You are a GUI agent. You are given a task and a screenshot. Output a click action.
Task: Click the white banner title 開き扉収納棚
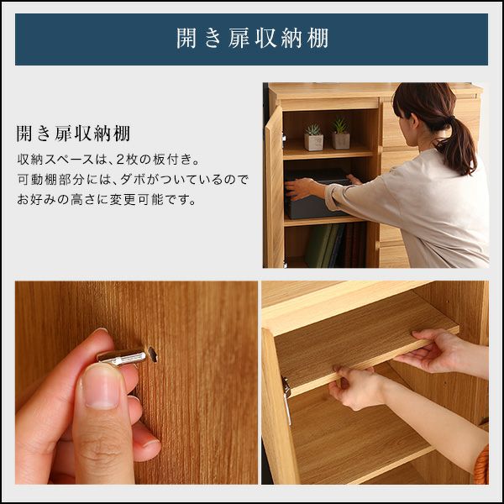[x=252, y=39]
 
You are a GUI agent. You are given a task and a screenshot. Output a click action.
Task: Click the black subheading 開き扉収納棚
[x=73, y=134]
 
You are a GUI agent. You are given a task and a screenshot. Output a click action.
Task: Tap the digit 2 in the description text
[x=120, y=160]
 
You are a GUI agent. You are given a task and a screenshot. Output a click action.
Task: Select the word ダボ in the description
[x=132, y=180]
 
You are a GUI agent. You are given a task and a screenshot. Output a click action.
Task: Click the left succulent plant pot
[x=313, y=138]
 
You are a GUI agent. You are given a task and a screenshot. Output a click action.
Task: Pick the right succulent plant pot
[x=341, y=134]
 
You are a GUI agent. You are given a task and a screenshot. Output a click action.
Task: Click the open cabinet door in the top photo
[x=274, y=186]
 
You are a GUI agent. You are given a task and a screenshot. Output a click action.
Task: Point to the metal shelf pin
[x=122, y=358]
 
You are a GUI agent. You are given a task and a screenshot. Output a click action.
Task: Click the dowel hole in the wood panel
[x=152, y=354]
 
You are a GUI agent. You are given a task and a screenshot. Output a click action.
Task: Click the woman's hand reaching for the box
[x=300, y=189]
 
